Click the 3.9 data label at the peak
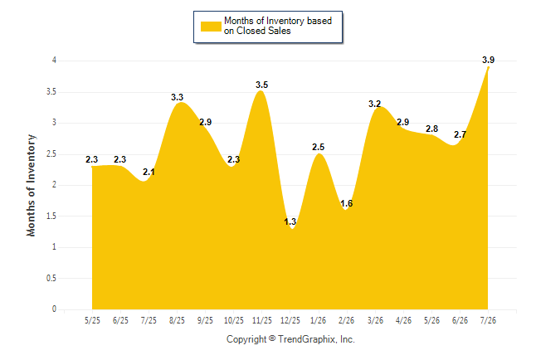pyautogui.click(x=488, y=60)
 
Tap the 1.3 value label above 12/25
pyautogui.click(x=290, y=221)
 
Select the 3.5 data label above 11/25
pyautogui.click(x=262, y=85)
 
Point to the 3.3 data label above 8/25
pyautogui.click(x=177, y=97)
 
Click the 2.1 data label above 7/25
pyautogui.click(x=149, y=172)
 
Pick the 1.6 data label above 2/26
pyautogui.click(x=346, y=203)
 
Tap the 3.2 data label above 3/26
pyautogui.click(x=375, y=104)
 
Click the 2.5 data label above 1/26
pyautogui.click(x=319, y=147)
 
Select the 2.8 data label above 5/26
pyautogui.click(x=431, y=129)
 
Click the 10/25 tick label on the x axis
pyautogui.click(x=234, y=320)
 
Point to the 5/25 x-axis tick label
pyautogui.click(x=92, y=320)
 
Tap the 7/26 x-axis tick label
pyautogui.click(x=488, y=320)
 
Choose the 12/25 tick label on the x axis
pyautogui.click(x=290, y=320)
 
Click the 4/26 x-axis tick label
pyautogui.click(x=403, y=320)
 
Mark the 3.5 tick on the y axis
pyautogui.click(x=51, y=92)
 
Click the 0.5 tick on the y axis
pyautogui.click(x=51, y=278)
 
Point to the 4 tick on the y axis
pyautogui.click(x=54, y=61)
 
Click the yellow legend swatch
pyautogui.click(x=211, y=27)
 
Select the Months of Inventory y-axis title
pyautogui.click(x=31, y=185)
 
